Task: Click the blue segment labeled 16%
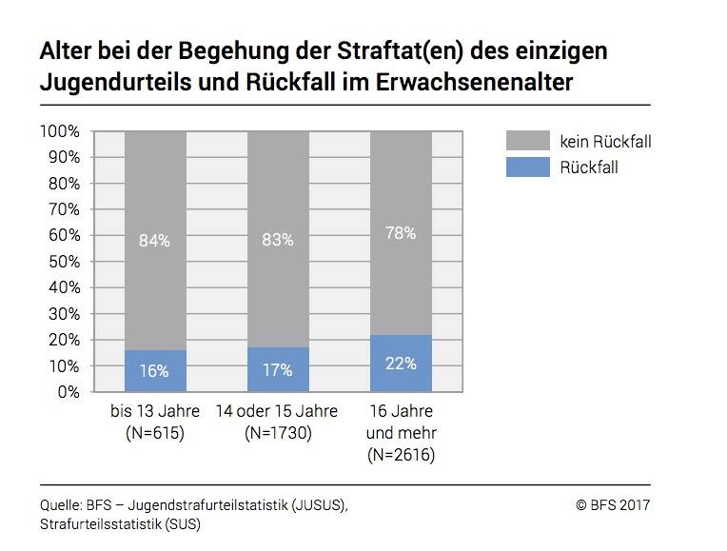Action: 155,371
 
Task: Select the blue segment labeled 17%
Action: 278,370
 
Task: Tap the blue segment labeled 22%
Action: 401,364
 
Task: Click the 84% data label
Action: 155,241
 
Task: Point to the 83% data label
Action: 278,241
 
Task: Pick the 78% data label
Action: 401,232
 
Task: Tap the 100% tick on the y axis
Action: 59,130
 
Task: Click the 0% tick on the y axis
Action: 67,391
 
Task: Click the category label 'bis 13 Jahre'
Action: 155,412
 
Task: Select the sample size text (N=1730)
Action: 278,433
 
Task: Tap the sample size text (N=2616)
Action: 401,455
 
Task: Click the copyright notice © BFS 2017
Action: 613,505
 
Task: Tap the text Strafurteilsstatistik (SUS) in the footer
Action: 120,524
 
